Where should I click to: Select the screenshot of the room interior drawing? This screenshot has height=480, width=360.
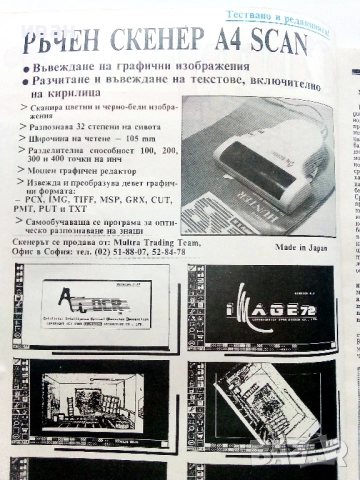pyautogui.click(x=91, y=401)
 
